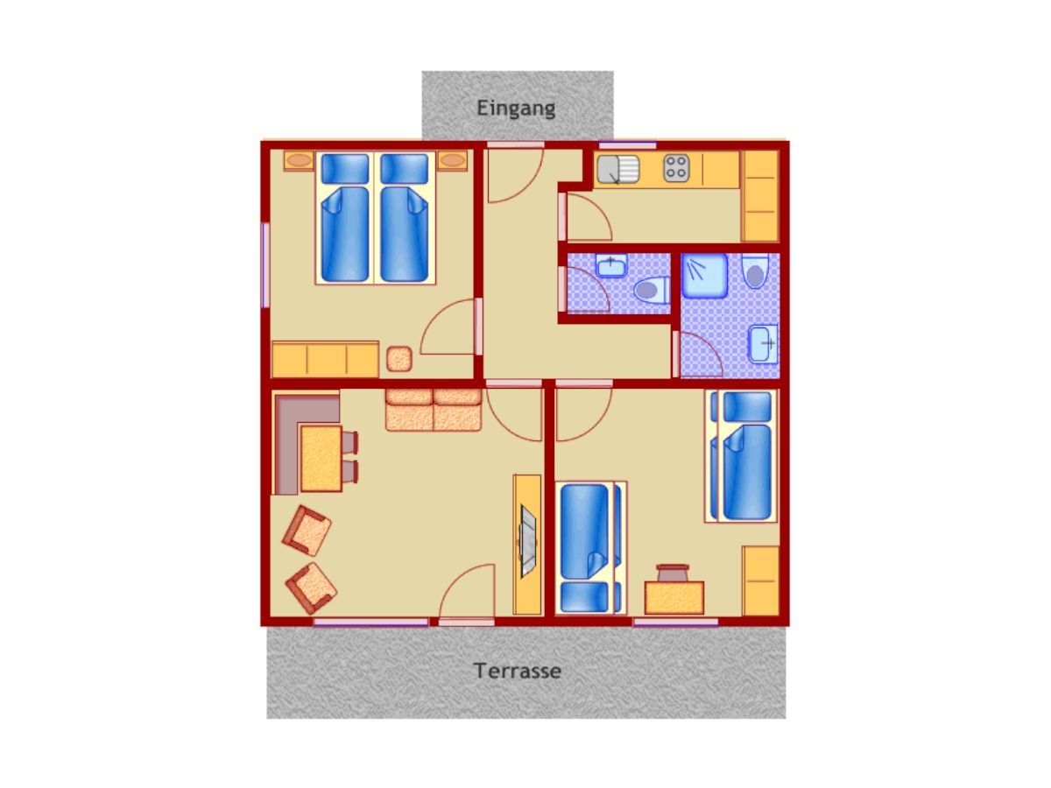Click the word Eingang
516,109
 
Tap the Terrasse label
517,671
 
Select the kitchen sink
617,169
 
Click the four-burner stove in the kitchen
676,168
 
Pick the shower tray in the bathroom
704,276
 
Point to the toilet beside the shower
755,271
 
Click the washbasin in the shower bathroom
763,343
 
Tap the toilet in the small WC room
652,290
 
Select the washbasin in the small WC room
611,265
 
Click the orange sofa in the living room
434,410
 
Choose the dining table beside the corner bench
321,458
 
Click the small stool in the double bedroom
399,359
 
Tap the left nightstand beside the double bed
299,161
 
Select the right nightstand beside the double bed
452,161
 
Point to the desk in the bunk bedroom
674,597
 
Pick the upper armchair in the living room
307,530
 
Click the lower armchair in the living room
311,588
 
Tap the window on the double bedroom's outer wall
265,265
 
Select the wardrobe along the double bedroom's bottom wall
325,359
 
